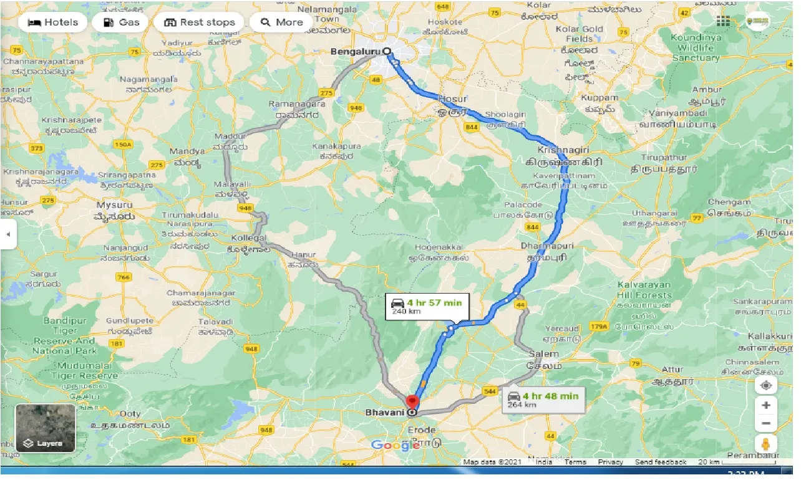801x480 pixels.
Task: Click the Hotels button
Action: [54, 22]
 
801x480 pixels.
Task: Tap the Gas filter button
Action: [120, 22]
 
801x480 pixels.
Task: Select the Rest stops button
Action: [199, 22]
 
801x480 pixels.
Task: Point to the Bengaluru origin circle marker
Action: [387, 52]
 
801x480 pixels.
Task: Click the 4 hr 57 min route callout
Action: [427, 307]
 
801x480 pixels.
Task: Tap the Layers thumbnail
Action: [45, 428]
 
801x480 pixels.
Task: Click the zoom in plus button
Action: [766, 405]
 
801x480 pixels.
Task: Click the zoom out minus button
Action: [766, 424]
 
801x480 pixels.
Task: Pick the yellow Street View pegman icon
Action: [766, 444]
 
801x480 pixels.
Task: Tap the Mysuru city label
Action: [114, 204]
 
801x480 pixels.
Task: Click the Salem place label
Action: [543, 354]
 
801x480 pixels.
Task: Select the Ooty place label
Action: [130, 414]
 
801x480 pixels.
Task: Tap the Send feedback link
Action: [661, 462]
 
